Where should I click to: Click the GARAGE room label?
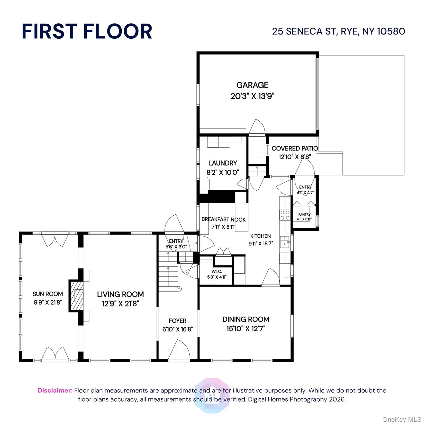click(x=252, y=85)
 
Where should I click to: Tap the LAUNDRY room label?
click(x=222, y=163)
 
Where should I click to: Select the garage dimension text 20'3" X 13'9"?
click(x=252, y=96)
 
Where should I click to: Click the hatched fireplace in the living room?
click(x=76, y=296)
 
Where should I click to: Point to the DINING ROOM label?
click(x=246, y=319)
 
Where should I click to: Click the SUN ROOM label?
click(x=48, y=294)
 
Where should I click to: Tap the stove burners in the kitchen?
click(x=285, y=215)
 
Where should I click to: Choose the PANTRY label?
click(x=304, y=214)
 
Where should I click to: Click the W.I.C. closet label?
click(x=217, y=272)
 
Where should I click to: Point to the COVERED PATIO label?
click(x=295, y=149)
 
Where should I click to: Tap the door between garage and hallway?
click(x=257, y=127)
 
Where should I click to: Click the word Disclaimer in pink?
click(x=55, y=390)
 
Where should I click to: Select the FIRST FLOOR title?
click(x=87, y=31)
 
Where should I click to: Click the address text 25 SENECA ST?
click(x=304, y=31)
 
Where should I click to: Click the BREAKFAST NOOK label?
click(x=223, y=219)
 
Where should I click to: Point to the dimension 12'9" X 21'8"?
click(x=120, y=304)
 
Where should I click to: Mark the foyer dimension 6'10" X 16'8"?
click(x=177, y=329)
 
